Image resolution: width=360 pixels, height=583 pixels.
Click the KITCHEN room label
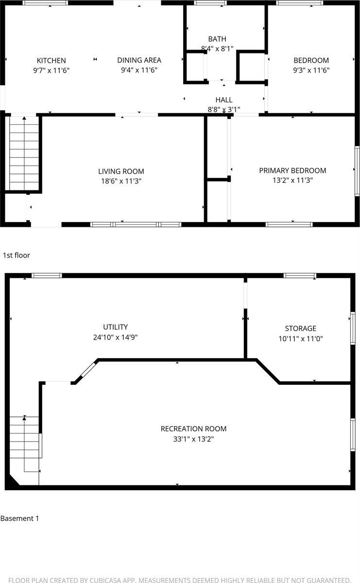click(51, 61)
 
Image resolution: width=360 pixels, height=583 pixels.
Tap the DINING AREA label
click(139, 60)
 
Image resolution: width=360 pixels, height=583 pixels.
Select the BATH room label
click(217, 39)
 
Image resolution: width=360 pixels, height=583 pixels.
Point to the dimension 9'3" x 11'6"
click(311, 70)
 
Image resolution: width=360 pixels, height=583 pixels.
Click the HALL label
click(224, 100)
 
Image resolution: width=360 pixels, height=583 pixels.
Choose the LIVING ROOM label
click(121, 171)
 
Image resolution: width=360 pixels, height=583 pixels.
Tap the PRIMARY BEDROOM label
click(292, 171)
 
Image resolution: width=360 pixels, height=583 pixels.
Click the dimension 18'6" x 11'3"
click(121, 181)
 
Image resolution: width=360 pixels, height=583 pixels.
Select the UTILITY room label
click(115, 327)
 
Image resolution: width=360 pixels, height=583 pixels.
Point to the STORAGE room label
click(301, 328)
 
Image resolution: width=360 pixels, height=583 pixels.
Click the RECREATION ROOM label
click(193, 429)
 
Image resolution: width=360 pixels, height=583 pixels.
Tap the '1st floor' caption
click(17, 255)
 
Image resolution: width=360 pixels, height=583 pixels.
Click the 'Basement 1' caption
click(19, 518)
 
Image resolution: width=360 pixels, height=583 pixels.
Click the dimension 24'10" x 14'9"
click(115, 337)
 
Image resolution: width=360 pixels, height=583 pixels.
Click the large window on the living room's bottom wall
click(136, 224)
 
